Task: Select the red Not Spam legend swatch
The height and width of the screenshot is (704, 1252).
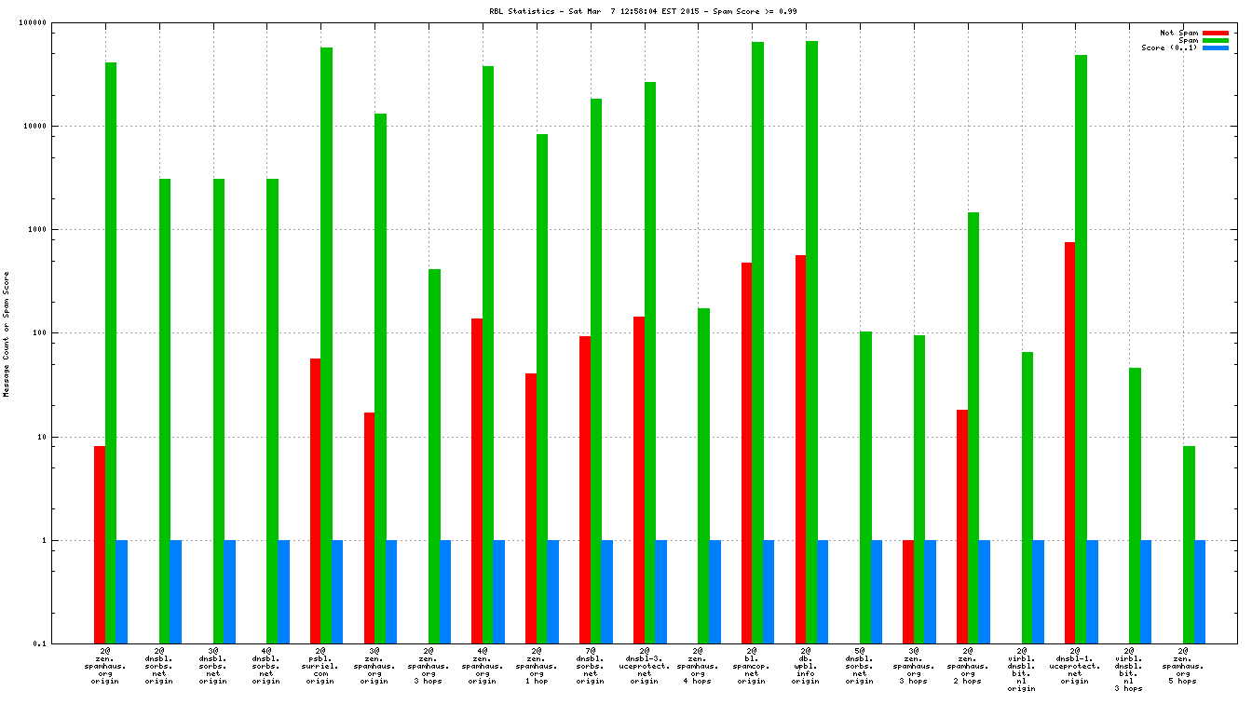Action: (1216, 33)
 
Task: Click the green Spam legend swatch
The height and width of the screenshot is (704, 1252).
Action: (1216, 40)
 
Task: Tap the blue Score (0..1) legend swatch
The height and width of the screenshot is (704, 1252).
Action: (1216, 47)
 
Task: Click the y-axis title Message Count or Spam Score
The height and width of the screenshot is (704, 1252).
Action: (7, 334)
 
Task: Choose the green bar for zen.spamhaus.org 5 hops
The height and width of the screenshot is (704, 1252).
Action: (1189, 545)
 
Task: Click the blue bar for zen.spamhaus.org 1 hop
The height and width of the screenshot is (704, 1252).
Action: (553, 591)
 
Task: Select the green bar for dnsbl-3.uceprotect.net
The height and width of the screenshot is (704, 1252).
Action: (649, 362)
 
